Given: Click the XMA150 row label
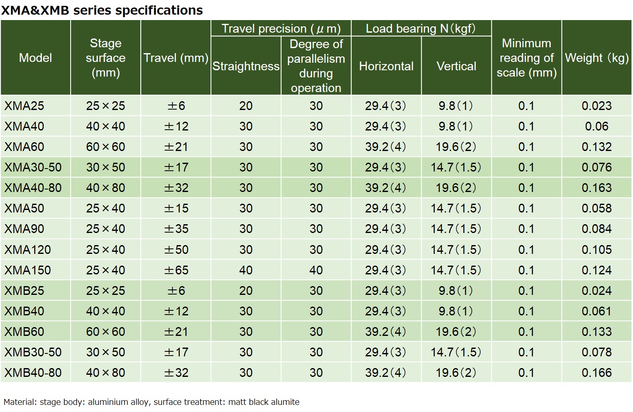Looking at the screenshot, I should (28, 270).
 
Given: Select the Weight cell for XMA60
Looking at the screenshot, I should (596, 147).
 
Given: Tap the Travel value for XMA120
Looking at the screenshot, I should (176, 250).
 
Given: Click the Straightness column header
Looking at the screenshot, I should (246, 66).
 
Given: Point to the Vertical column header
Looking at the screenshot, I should (456, 66).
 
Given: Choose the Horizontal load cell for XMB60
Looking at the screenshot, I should (386, 332).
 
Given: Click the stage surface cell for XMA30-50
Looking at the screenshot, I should (106, 167).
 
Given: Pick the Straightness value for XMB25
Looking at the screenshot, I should (246, 291).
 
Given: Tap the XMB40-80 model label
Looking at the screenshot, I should (33, 373).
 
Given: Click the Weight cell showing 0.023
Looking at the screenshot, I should (596, 106).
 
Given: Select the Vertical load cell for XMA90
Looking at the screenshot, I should (456, 229).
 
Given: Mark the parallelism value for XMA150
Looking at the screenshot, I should (316, 270).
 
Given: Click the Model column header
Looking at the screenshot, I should (36, 58).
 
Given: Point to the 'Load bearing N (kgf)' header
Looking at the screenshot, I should (421, 28).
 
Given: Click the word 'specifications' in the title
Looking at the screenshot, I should (159, 10).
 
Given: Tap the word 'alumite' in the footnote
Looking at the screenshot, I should (285, 402).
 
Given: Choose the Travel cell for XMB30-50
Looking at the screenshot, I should (176, 352).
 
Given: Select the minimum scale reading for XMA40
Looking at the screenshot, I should (526, 126).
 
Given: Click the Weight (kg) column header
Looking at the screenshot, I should (596, 58).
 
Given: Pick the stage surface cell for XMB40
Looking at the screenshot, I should (106, 311).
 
